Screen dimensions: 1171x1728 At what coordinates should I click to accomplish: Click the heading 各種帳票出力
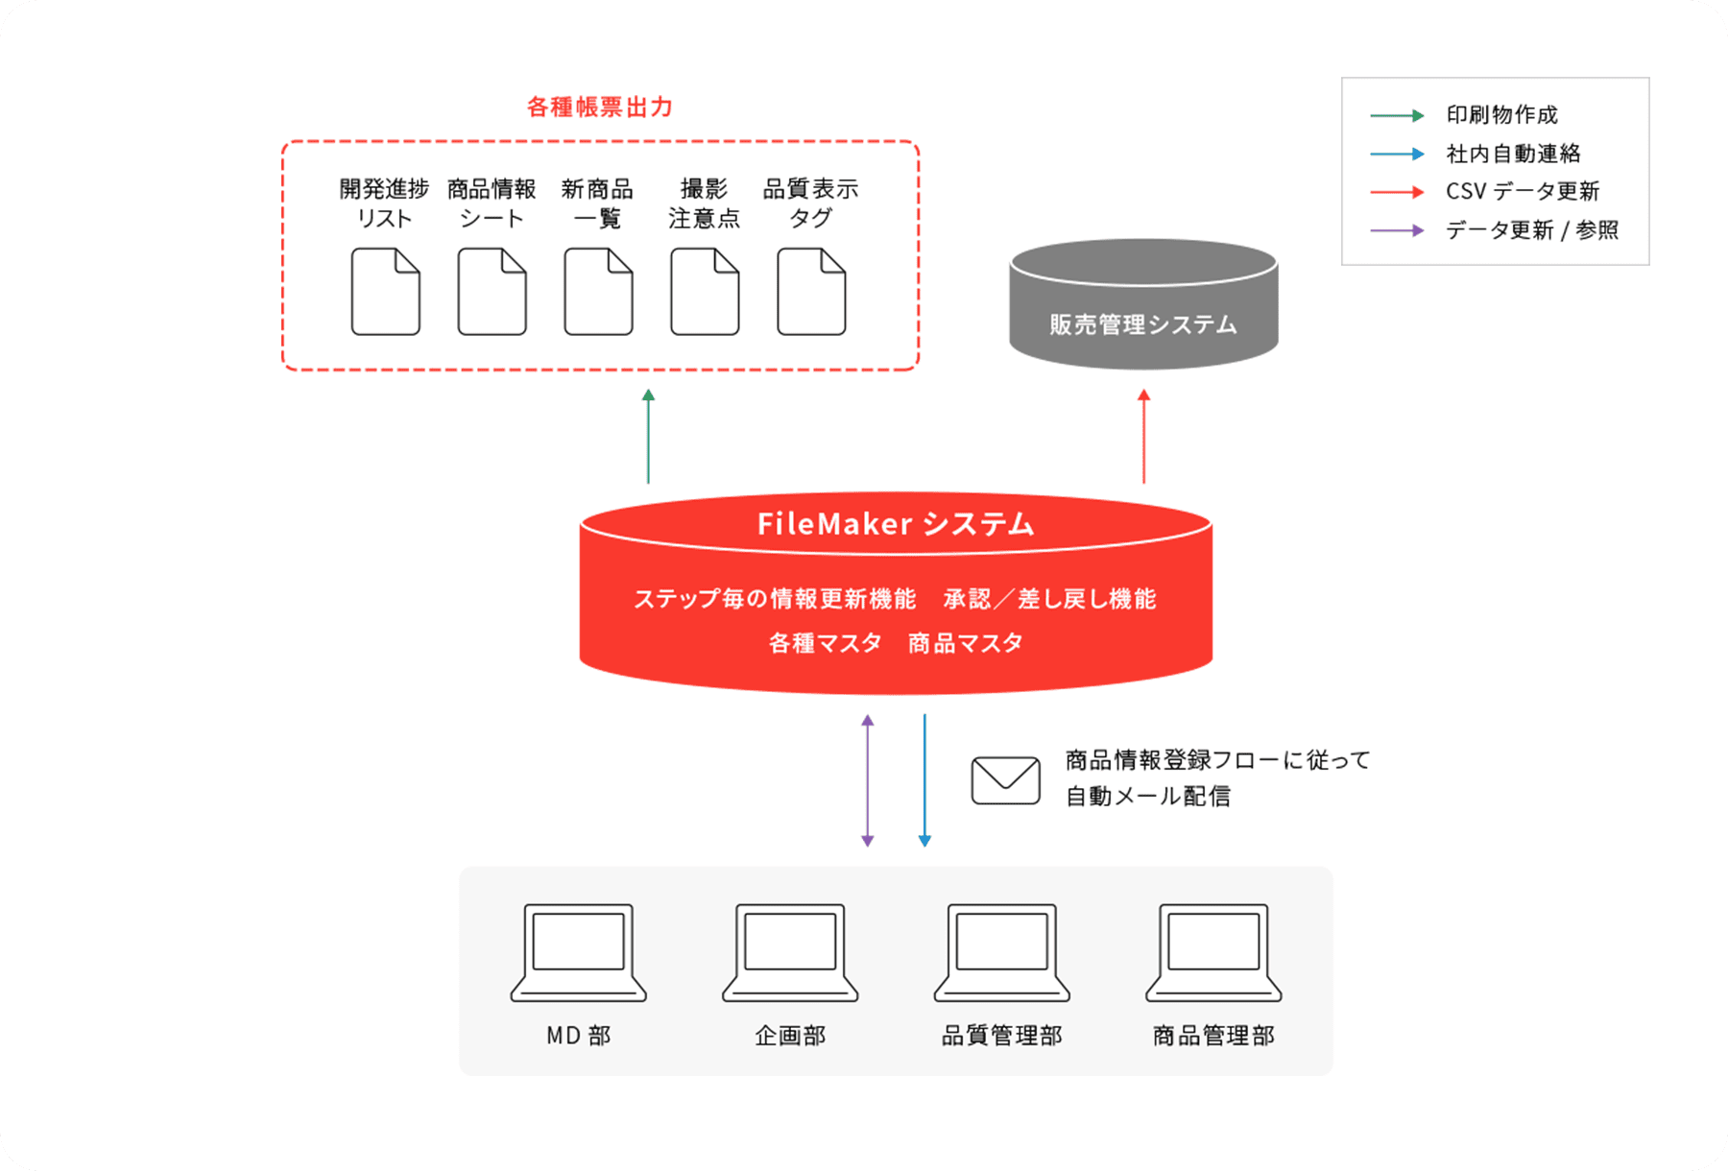(600, 107)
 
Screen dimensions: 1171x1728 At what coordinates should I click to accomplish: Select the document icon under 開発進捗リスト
(385, 292)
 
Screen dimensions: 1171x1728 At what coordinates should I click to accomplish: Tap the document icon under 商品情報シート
(492, 292)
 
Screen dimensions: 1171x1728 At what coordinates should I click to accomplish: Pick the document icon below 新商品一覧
(598, 292)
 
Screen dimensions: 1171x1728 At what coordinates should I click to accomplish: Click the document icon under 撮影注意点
(705, 292)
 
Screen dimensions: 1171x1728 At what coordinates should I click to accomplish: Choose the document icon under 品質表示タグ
(811, 292)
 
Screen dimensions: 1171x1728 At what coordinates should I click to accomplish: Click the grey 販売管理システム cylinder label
(1142, 324)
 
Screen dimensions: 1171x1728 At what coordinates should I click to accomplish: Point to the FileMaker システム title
(896, 524)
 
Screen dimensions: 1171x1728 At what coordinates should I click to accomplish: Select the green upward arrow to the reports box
(649, 437)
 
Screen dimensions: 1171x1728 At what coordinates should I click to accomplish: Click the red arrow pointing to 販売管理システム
(1143, 437)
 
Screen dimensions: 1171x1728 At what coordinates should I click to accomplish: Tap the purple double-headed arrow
(868, 780)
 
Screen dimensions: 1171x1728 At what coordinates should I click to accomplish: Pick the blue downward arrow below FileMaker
(924, 780)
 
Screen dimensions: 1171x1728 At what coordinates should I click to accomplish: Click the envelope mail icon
(1005, 780)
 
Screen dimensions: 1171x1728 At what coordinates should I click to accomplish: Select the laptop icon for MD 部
(578, 952)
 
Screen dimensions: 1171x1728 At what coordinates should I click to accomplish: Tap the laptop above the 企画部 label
(790, 952)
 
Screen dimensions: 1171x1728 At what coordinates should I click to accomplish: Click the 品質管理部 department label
(1001, 1036)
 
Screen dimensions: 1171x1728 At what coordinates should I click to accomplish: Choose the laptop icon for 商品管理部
(1213, 952)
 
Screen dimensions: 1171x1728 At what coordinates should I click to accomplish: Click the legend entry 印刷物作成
(1501, 115)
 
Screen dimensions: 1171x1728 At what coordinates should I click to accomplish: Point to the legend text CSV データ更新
(1523, 192)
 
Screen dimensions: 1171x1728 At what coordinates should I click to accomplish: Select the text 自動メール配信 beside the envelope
(1148, 797)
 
